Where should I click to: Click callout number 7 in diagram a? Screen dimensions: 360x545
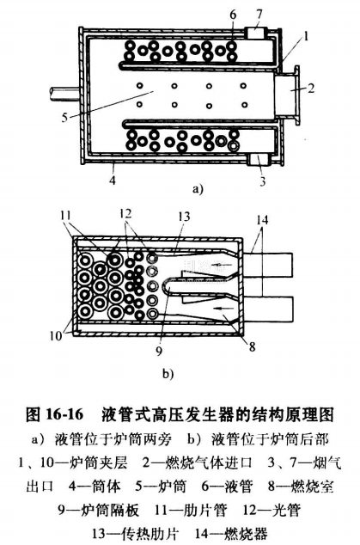tap(259, 15)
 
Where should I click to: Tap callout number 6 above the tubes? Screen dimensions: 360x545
tap(233, 15)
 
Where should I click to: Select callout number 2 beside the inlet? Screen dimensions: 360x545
tap(311, 88)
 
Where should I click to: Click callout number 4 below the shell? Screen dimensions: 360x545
tap(113, 180)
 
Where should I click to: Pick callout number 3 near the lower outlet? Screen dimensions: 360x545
tap(263, 181)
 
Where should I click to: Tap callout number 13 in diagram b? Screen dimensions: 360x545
tap(183, 217)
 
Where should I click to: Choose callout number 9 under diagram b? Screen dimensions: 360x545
tap(159, 351)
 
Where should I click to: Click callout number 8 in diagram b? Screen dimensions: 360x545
tap(253, 346)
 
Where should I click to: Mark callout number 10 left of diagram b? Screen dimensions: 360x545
tap(56, 336)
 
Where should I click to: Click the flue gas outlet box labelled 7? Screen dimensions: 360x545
tap(257, 34)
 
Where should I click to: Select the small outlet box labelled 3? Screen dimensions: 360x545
tap(259, 160)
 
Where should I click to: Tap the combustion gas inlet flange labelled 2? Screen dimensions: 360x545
tap(287, 95)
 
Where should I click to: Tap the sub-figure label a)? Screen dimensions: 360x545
tap(197, 189)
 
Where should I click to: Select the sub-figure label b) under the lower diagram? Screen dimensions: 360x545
tap(168, 374)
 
